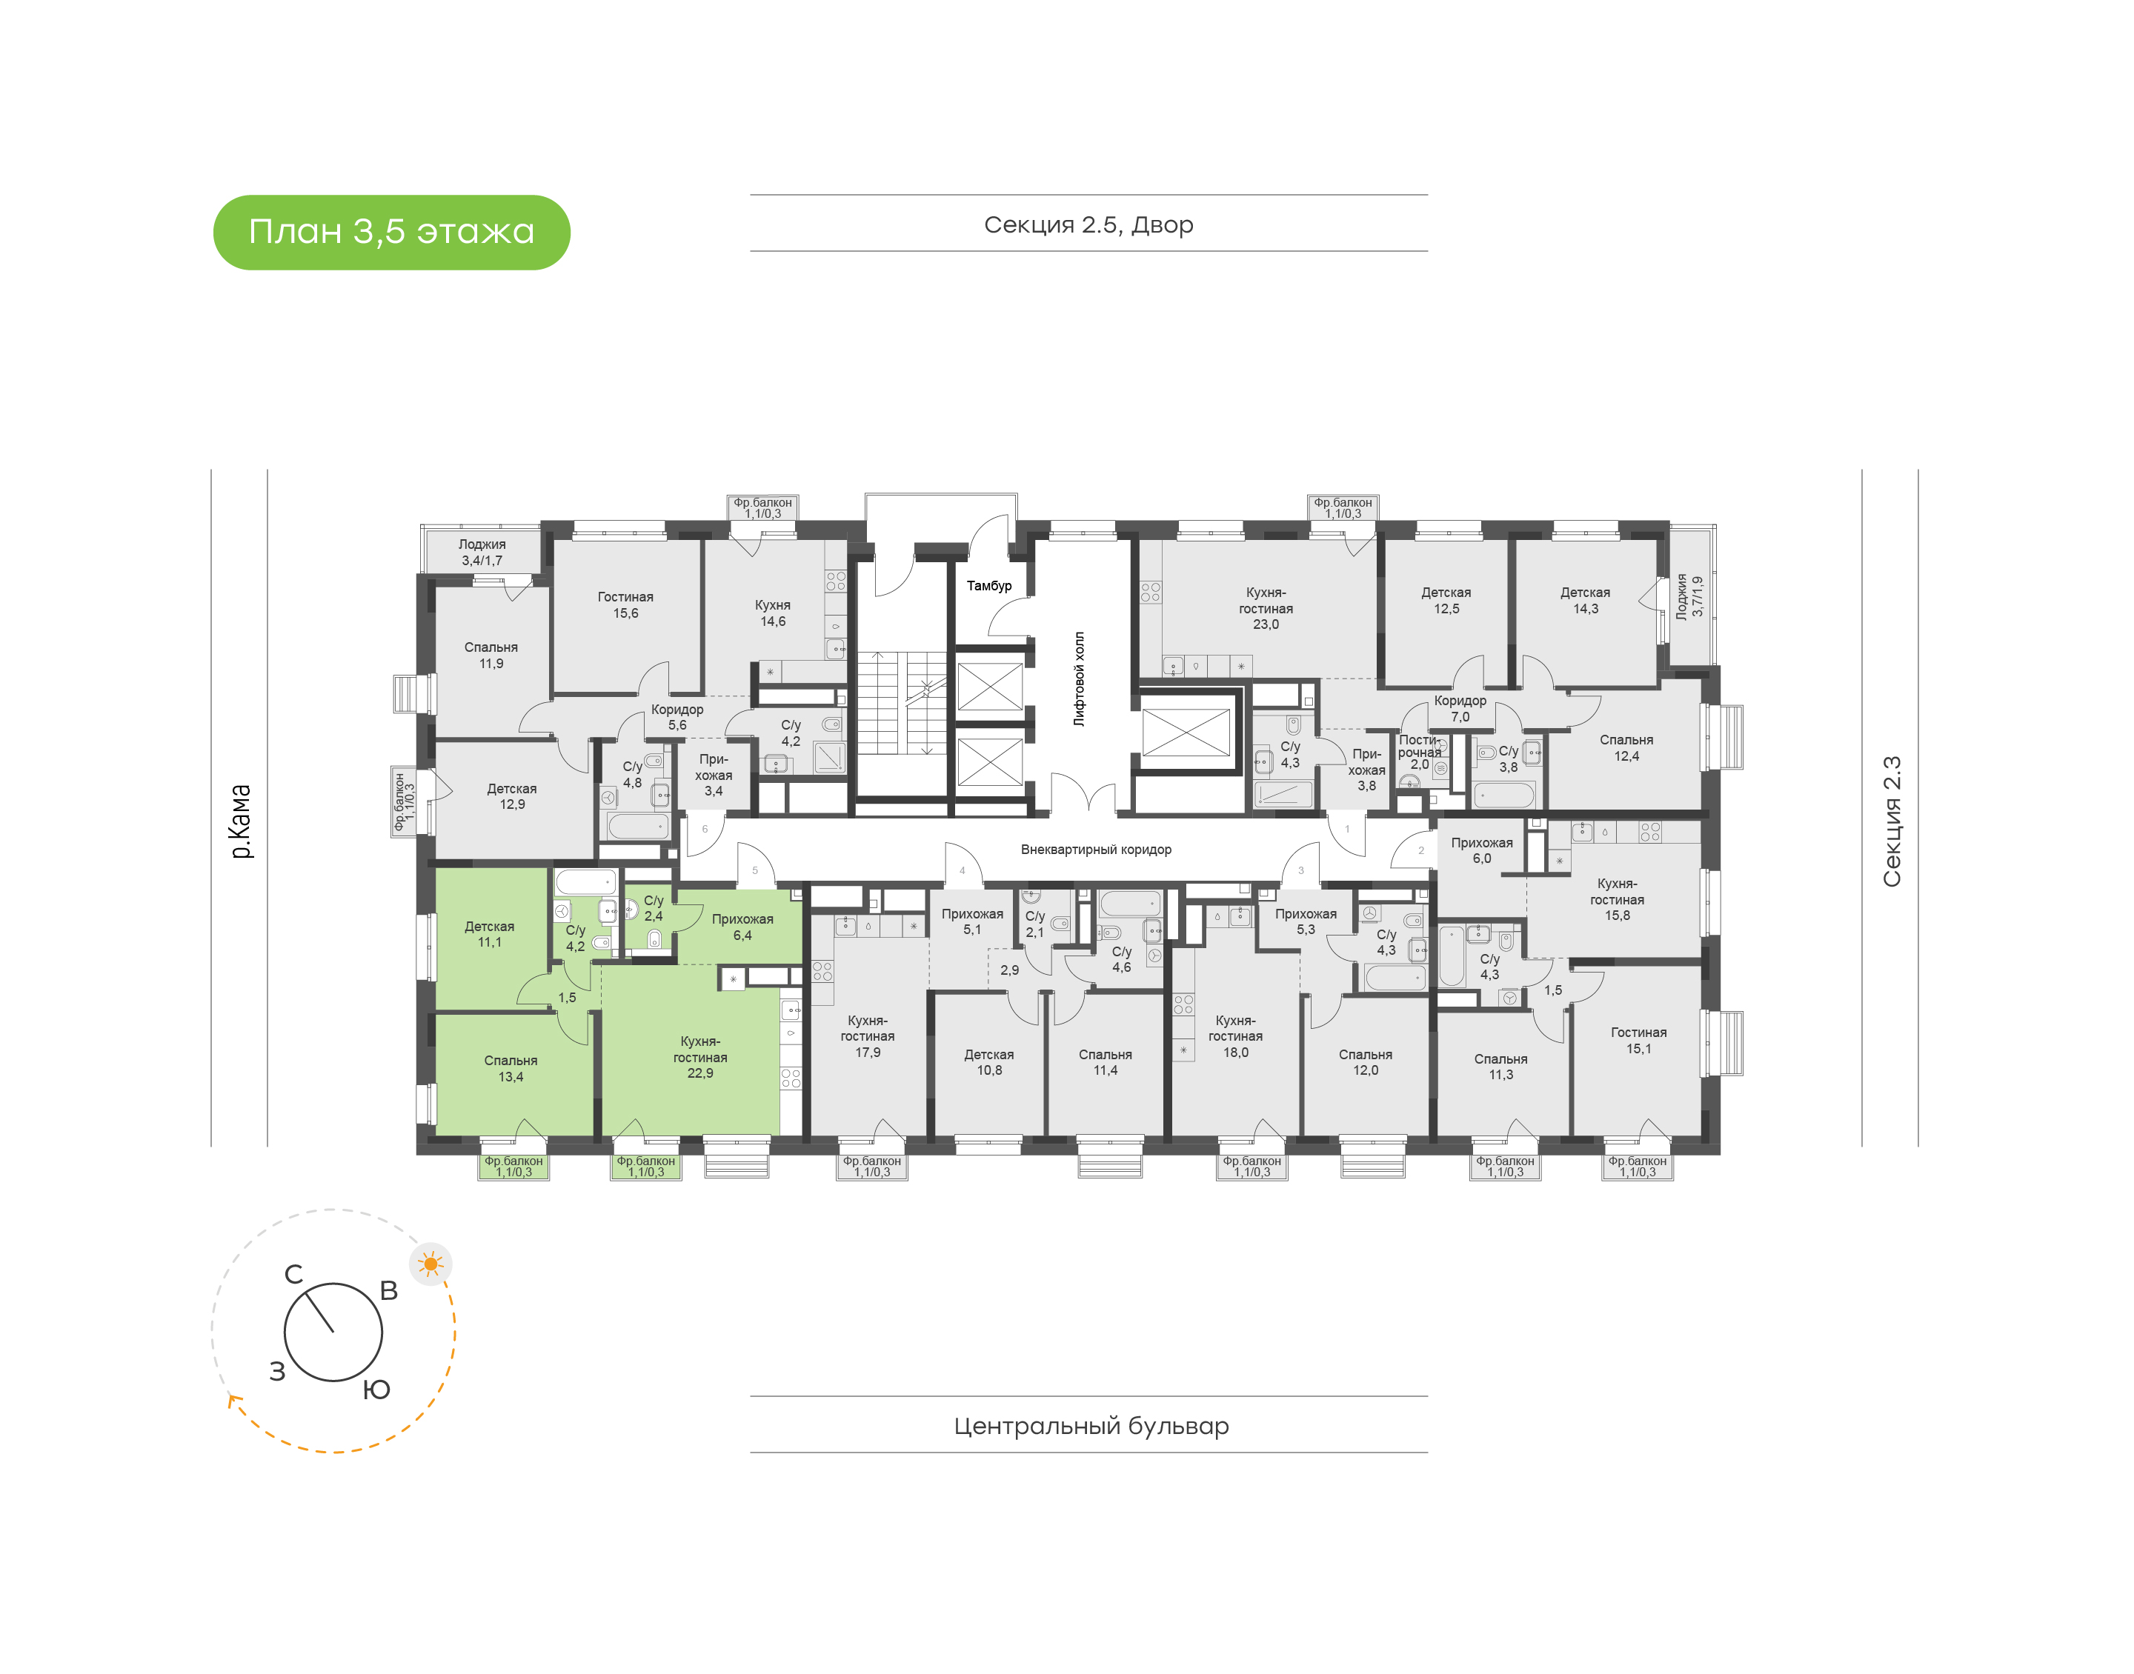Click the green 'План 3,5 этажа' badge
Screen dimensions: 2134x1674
(x=391, y=233)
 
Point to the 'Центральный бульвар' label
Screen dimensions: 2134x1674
(x=1091, y=1425)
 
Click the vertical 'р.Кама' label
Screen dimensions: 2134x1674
(x=240, y=821)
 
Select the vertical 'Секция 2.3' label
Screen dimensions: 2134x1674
(x=1891, y=821)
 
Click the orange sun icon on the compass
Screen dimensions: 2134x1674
(x=431, y=1264)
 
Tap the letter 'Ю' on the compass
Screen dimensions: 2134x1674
(x=376, y=1389)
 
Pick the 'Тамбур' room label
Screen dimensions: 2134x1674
(x=988, y=585)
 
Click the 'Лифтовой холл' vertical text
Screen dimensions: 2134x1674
(x=1080, y=678)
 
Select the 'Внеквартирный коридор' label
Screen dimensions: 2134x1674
(x=1095, y=849)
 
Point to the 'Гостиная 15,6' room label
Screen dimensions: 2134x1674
(x=625, y=604)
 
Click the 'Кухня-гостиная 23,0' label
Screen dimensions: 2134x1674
(x=1265, y=607)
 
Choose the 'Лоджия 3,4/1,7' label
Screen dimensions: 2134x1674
(x=482, y=552)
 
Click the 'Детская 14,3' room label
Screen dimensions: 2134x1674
(x=1585, y=600)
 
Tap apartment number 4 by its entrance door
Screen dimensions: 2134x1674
(x=962, y=870)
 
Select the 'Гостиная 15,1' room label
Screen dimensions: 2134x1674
(x=1638, y=1040)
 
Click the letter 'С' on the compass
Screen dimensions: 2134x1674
(x=293, y=1274)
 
